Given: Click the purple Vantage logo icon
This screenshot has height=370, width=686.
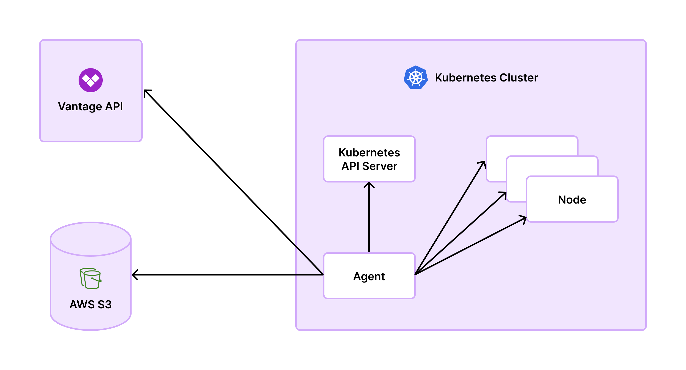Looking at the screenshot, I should pos(91,80).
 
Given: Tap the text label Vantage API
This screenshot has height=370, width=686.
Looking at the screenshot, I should pos(91,107).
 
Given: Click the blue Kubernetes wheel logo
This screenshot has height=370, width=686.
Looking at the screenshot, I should pos(416,77).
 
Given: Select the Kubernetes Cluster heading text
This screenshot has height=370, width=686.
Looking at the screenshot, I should pos(486,78).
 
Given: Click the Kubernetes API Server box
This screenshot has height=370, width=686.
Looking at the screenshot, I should pos(369,159).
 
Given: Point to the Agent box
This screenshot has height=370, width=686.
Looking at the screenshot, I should pos(369,276).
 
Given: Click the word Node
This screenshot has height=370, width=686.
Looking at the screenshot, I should pos(572,200).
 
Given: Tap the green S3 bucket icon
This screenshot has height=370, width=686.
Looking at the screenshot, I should pos(91,278).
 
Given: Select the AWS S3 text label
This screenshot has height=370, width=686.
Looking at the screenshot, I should pos(91,304).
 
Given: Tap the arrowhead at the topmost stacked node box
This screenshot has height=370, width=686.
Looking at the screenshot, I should pos(483,163).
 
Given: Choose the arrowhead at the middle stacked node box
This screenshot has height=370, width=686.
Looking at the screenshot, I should pos(504,194).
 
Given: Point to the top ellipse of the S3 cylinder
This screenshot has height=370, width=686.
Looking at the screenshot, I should pos(91,239).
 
